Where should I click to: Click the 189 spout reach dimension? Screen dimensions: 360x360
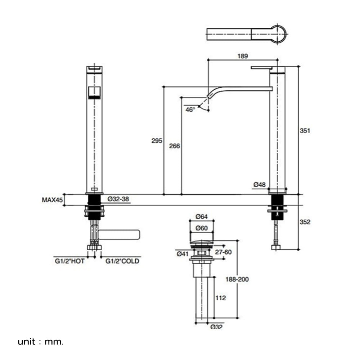[243, 56]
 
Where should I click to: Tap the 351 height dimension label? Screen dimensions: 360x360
[305, 131]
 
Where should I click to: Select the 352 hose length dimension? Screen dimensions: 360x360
[305, 222]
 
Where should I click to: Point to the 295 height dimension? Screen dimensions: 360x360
[157, 140]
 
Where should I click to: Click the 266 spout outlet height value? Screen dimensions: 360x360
[175, 146]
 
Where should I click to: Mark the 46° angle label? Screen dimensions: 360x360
[190, 110]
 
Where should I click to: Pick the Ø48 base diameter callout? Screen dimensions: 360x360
[260, 184]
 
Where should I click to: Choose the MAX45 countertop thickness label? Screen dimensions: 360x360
[52, 200]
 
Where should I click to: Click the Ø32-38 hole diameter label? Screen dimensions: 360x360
[118, 199]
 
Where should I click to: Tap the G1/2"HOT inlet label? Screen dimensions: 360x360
[69, 261]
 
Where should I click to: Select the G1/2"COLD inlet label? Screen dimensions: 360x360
[122, 261]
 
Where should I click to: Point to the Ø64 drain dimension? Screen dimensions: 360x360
[202, 216]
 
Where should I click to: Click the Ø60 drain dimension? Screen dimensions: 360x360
[202, 228]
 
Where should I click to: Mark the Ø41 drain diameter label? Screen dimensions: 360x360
[183, 254]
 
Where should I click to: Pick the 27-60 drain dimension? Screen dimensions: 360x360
[223, 252]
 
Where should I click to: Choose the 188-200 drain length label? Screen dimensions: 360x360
[237, 279]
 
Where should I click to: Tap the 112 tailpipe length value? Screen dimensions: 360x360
[221, 298]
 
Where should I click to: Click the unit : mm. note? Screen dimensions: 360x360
[40, 342]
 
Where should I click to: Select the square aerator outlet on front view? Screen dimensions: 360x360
[94, 93]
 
